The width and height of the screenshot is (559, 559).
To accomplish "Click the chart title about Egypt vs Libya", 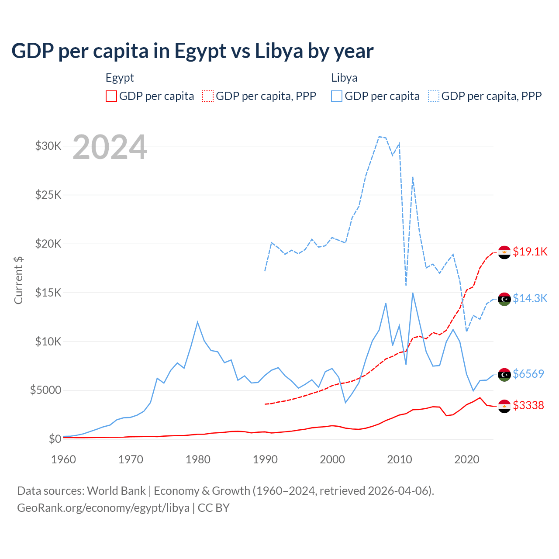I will point(192,51).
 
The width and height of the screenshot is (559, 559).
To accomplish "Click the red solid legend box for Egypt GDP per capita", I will point(111,96).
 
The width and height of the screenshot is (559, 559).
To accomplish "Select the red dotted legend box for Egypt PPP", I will point(208,96).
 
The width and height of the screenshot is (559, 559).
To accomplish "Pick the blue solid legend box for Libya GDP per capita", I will point(337,96).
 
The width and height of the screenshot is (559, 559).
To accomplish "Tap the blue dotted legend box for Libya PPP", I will point(434,96).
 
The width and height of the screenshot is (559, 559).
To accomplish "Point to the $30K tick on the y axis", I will point(48,146).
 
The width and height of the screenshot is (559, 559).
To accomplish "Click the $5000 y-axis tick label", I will point(45,390).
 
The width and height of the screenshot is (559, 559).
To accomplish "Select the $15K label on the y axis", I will point(48,292).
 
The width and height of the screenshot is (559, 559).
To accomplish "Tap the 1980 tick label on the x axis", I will point(198,459).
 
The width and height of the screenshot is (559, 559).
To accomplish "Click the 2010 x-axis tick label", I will point(400,459).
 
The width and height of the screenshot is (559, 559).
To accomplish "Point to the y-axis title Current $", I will point(18,280).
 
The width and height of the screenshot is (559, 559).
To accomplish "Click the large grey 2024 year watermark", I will point(110,147).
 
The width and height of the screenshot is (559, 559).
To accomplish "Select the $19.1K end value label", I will point(530,252).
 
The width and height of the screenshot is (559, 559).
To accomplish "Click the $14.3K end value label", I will point(530,298).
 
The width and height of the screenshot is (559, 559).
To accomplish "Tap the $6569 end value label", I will point(528,374).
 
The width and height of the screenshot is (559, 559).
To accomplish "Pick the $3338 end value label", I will point(528,405).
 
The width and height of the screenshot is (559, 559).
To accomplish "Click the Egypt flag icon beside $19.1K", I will point(504,252).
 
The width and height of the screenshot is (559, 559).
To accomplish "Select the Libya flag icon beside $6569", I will point(504,375).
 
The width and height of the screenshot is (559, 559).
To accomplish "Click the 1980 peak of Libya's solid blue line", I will point(197,322).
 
